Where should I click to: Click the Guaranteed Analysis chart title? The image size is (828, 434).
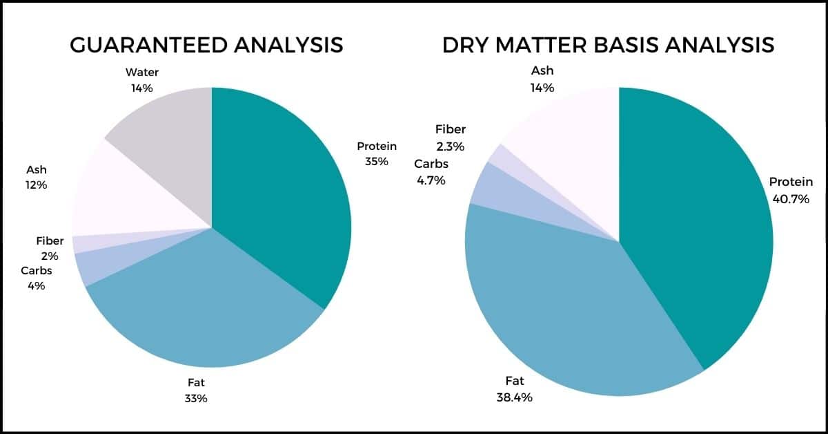pyautogui.click(x=207, y=45)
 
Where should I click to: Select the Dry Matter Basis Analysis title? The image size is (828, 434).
pyautogui.click(x=608, y=45)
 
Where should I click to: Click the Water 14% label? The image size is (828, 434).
pyautogui.click(x=141, y=80)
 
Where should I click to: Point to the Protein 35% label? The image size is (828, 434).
pyautogui.click(x=377, y=153)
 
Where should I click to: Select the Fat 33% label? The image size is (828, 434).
pyautogui.click(x=196, y=390)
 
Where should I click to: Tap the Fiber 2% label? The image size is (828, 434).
pyautogui.click(x=50, y=248)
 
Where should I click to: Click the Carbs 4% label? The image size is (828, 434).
pyautogui.click(x=36, y=277)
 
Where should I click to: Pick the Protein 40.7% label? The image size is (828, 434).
pyautogui.click(x=791, y=191)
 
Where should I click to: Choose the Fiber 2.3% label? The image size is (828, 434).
pyautogui.click(x=450, y=138)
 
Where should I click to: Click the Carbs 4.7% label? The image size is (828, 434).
pyautogui.click(x=431, y=172)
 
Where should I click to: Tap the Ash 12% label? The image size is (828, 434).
pyautogui.click(x=36, y=177)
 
